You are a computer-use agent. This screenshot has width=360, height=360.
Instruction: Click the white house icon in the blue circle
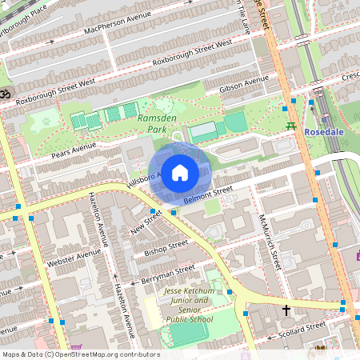pyautogui.click(x=180, y=172)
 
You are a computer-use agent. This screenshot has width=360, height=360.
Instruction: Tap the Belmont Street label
pyautogui.click(x=208, y=194)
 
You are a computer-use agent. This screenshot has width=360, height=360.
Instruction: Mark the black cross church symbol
pyautogui.click(x=286, y=308)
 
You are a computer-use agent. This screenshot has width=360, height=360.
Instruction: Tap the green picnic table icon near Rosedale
pyautogui.click(x=291, y=127)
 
